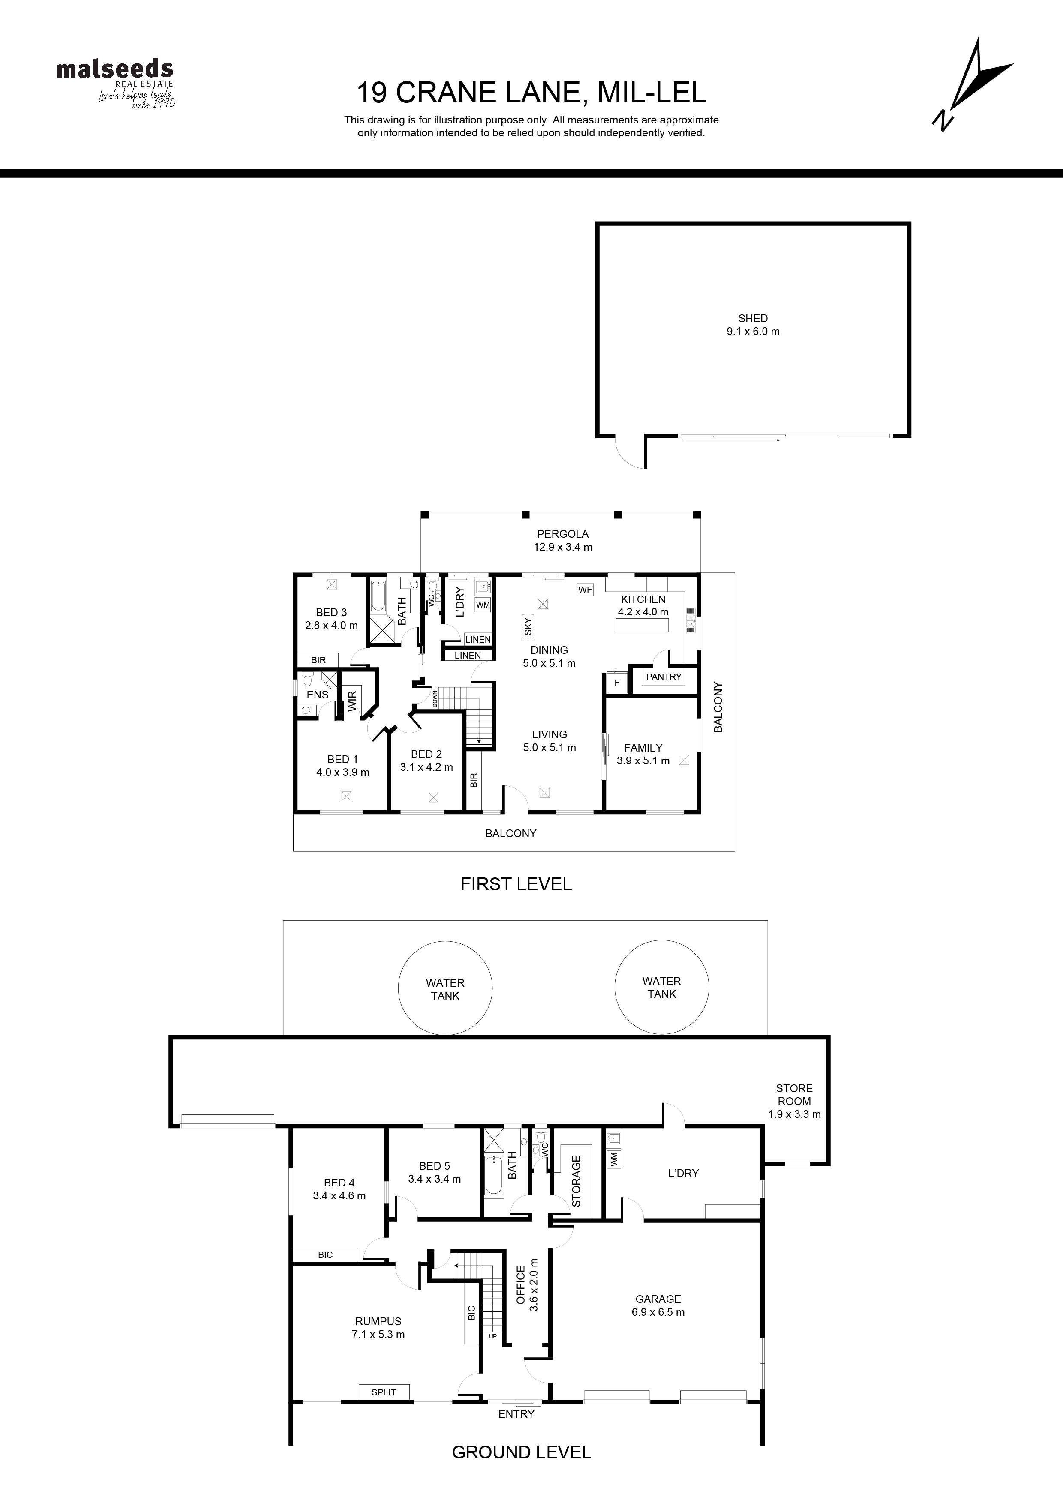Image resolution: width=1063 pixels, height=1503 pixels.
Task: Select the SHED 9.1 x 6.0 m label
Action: [x=753, y=325]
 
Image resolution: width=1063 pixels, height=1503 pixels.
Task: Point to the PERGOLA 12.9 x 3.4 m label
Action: [x=563, y=540]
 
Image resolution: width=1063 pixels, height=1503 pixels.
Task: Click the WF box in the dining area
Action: [x=585, y=590]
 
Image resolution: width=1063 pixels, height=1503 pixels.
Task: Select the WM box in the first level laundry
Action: [x=483, y=605]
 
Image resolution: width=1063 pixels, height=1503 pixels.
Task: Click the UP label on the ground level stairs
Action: [x=492, y=1336]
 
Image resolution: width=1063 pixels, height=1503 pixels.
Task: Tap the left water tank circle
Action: [x=445, y=988]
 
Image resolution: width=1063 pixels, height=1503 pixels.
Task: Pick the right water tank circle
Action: [x=661, y=987]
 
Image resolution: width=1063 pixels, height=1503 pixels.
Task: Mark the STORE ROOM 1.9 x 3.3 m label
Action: [x=795, y=1101]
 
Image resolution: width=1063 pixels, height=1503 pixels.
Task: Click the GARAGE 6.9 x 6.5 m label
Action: [x=658, y=1305]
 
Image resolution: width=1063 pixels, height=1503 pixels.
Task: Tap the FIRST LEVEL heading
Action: [x=516, y=884]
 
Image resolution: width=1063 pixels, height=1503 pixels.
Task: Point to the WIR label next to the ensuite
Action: [x=352, y=701]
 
